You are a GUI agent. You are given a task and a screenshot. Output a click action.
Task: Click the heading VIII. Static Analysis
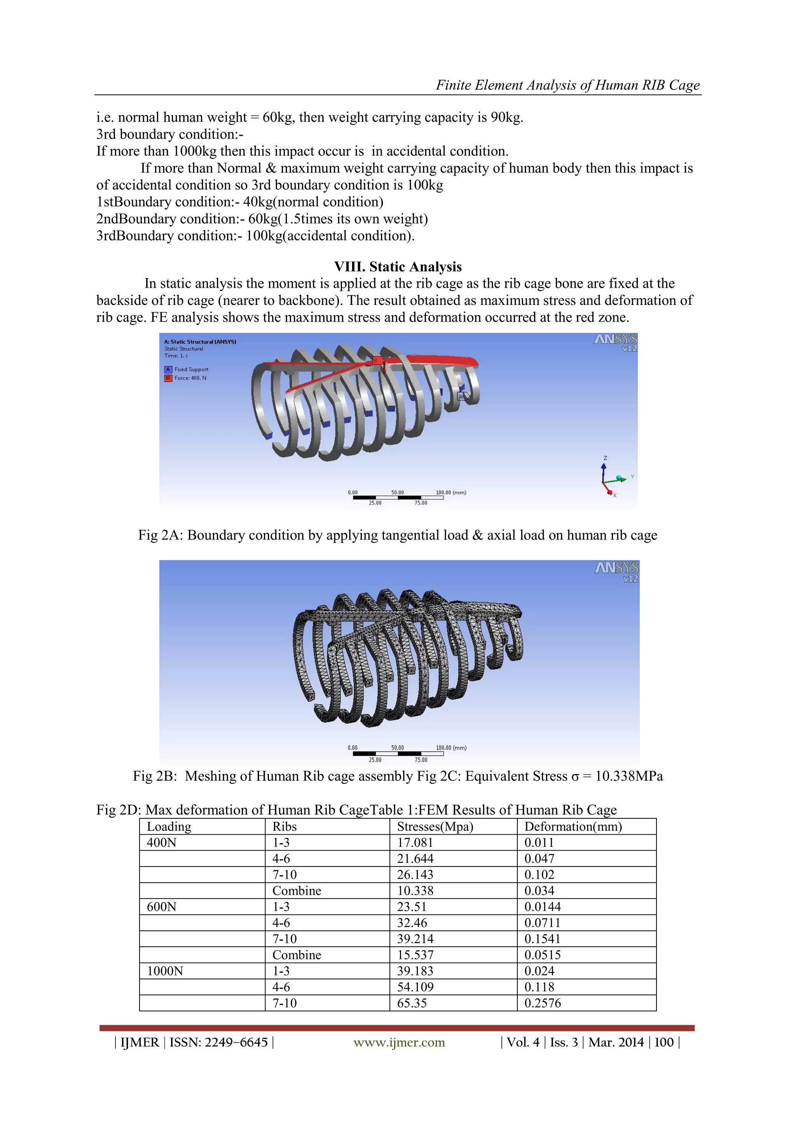(398, 267)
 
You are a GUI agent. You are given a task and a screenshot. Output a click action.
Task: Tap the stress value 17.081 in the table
(415, 842)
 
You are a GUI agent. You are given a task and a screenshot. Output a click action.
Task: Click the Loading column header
(169, 827)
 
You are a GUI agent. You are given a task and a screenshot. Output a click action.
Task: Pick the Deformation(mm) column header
(573, 827)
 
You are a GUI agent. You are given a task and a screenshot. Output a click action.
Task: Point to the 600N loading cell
(161, 907)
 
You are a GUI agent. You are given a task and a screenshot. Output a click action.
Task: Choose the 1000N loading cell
(165, 971)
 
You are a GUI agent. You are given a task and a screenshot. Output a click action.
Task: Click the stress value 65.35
(412, 1003)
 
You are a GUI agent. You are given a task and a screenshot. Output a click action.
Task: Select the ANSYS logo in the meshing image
(616, 570)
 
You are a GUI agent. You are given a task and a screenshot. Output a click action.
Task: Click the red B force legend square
(168, 378)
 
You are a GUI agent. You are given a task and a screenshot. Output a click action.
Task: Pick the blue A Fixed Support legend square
(168, 369)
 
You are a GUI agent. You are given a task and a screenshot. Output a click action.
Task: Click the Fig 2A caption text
(398, 535)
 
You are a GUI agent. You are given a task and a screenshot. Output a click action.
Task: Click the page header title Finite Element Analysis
(567, 85)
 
